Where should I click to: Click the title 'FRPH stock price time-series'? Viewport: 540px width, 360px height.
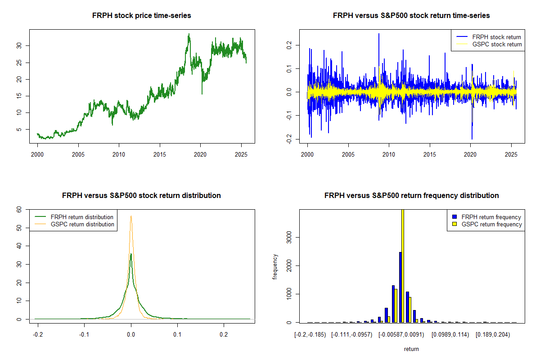[141, 15]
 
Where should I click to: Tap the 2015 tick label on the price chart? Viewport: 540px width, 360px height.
[160, 154]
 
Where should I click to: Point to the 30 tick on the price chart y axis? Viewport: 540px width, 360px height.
[19, 45]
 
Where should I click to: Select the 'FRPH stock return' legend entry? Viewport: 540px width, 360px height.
[488, 37]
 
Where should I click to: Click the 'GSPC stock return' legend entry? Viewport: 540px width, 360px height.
[488, 44]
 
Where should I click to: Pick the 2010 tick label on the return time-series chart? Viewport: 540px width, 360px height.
[389, 154]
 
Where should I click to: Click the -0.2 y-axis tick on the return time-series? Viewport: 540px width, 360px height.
[289, 139]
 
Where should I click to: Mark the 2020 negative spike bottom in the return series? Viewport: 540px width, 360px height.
[472, 139]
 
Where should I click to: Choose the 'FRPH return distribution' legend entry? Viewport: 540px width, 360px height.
[74, 217]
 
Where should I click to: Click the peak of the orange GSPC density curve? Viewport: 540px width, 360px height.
[131, 216]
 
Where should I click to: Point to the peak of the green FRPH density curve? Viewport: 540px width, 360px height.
[131, 254]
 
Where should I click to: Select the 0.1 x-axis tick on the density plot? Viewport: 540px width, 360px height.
[177, 334]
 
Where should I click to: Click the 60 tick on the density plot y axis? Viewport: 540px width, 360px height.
[19, 210]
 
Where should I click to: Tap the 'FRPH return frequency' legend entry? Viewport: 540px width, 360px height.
[487, 217]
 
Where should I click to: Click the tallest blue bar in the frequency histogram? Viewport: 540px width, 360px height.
[400, 287]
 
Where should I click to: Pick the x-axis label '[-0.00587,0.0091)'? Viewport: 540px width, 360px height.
[401, 335]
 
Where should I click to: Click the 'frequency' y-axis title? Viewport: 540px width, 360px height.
[275, 267]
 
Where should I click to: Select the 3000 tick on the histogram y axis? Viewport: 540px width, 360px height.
[289, 238]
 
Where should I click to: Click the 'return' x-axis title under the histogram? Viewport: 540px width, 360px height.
[411, 349]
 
